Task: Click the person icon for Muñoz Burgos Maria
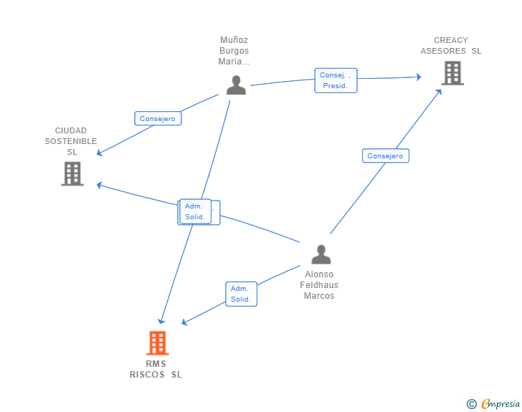pos(236,85)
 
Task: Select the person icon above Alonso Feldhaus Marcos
pos(321,254)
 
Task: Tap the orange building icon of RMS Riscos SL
pos(157,343)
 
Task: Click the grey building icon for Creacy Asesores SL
pos(452,73)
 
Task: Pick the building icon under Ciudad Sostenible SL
pos(72,173)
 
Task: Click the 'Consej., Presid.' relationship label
pos(335,80)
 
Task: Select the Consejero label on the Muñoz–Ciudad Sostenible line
pos(158,119)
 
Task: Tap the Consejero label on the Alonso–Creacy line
pos(385,156)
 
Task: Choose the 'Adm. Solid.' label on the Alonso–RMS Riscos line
pos(241,294)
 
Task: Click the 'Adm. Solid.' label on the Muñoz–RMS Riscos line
pos(195,211)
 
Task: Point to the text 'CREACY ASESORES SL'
pos(451,46)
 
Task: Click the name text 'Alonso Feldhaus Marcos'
pos(319,285)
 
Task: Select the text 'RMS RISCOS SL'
pos(156,369)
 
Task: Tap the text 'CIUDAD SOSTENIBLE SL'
pos(71,141)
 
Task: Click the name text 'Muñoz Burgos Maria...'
pos(234,51)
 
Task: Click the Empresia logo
pos(500,404)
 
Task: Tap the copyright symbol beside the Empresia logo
pos(472,404)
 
